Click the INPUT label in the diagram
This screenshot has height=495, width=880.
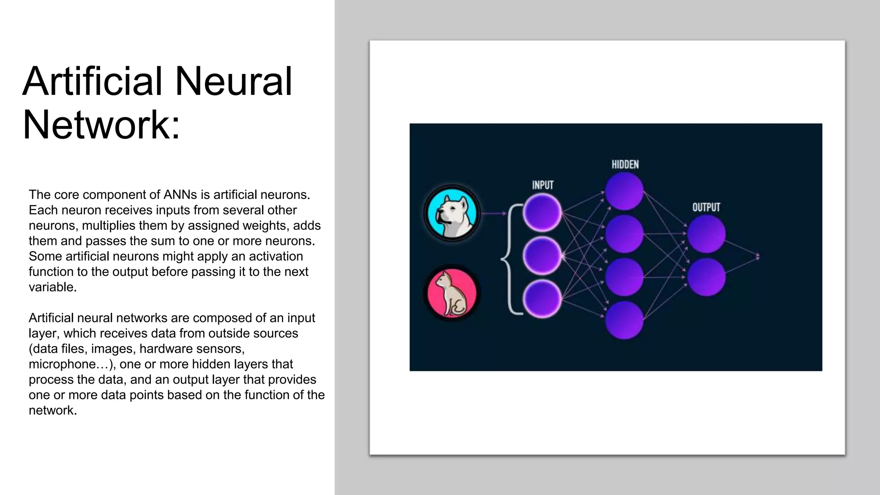543,185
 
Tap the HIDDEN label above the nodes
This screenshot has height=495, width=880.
625,165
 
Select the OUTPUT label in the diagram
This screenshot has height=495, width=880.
706,207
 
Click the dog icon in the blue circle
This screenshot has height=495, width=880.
452,213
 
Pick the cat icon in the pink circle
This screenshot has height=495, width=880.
452,293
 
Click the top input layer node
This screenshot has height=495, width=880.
542,213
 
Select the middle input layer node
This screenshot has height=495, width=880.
542,256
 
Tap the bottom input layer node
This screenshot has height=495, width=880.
542,299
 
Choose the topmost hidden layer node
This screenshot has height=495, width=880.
624,191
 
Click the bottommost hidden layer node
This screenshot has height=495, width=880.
624,320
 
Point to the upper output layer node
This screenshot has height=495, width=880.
706,234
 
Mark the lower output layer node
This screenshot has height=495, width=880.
706,277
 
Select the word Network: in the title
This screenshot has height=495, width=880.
101,125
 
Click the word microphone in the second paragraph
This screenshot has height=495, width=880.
68,364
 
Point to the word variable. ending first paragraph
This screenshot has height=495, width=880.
52,287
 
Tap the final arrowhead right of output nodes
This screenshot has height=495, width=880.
758,257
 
